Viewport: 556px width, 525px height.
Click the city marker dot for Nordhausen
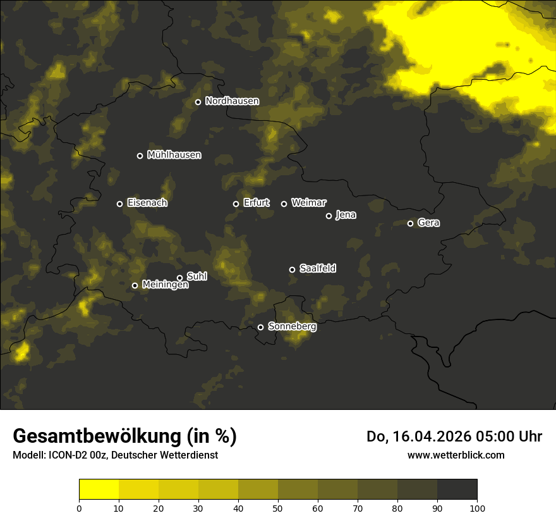click(198, 102)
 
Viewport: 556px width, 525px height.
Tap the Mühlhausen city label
click(174, 155)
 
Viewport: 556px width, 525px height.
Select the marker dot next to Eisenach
click(119, 204)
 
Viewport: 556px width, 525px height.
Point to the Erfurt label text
click(256, 203)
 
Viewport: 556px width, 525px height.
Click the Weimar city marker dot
click(284, 204)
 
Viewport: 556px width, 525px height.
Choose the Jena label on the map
click(346, 215)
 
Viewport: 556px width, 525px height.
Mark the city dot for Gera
click(410, 223)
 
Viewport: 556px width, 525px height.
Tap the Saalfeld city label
click(317, 269)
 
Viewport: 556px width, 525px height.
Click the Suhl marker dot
click(179, 278)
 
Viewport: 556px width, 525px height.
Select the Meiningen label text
click(165, 285)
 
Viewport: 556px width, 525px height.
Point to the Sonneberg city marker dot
click(260, 327)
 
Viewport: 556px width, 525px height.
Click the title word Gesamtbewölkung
click(97, 436)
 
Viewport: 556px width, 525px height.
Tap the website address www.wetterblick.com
click(456, 455)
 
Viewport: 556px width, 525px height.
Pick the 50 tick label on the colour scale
click(278, 507)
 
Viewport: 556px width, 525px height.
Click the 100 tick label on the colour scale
click(477, 507)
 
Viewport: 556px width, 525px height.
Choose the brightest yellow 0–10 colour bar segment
click(99, 490)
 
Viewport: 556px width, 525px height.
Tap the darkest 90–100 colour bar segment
click(457, 490)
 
